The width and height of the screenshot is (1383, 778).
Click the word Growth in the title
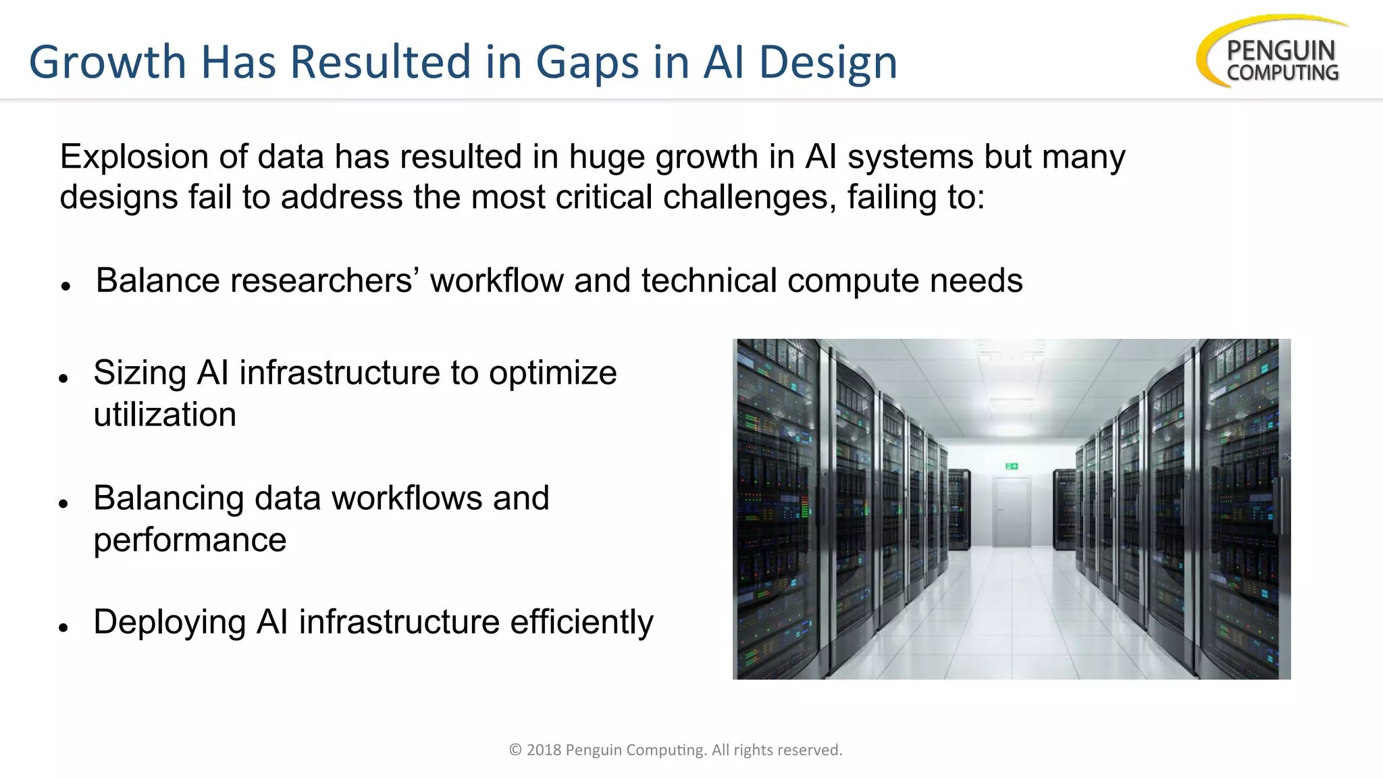pos(107,62)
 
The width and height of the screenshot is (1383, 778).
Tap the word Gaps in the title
pos(587,62)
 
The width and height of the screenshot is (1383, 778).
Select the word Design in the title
pos(829,62)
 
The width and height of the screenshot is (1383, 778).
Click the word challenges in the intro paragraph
pos(749,197)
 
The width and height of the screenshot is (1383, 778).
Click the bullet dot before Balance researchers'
pos(66,286)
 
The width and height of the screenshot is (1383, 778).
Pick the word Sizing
pos(140,373)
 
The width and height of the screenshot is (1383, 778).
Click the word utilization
pos(165,415)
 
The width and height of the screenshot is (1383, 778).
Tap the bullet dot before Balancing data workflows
pos(63,504)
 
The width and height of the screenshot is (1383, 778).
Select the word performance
pos(190,540)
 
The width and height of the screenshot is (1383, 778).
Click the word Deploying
pos(169,622)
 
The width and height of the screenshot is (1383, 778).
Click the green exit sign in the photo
pos(1012,466)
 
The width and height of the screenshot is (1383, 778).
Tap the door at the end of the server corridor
pos(1011,512)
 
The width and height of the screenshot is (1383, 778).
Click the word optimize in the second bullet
pos(553,373)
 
